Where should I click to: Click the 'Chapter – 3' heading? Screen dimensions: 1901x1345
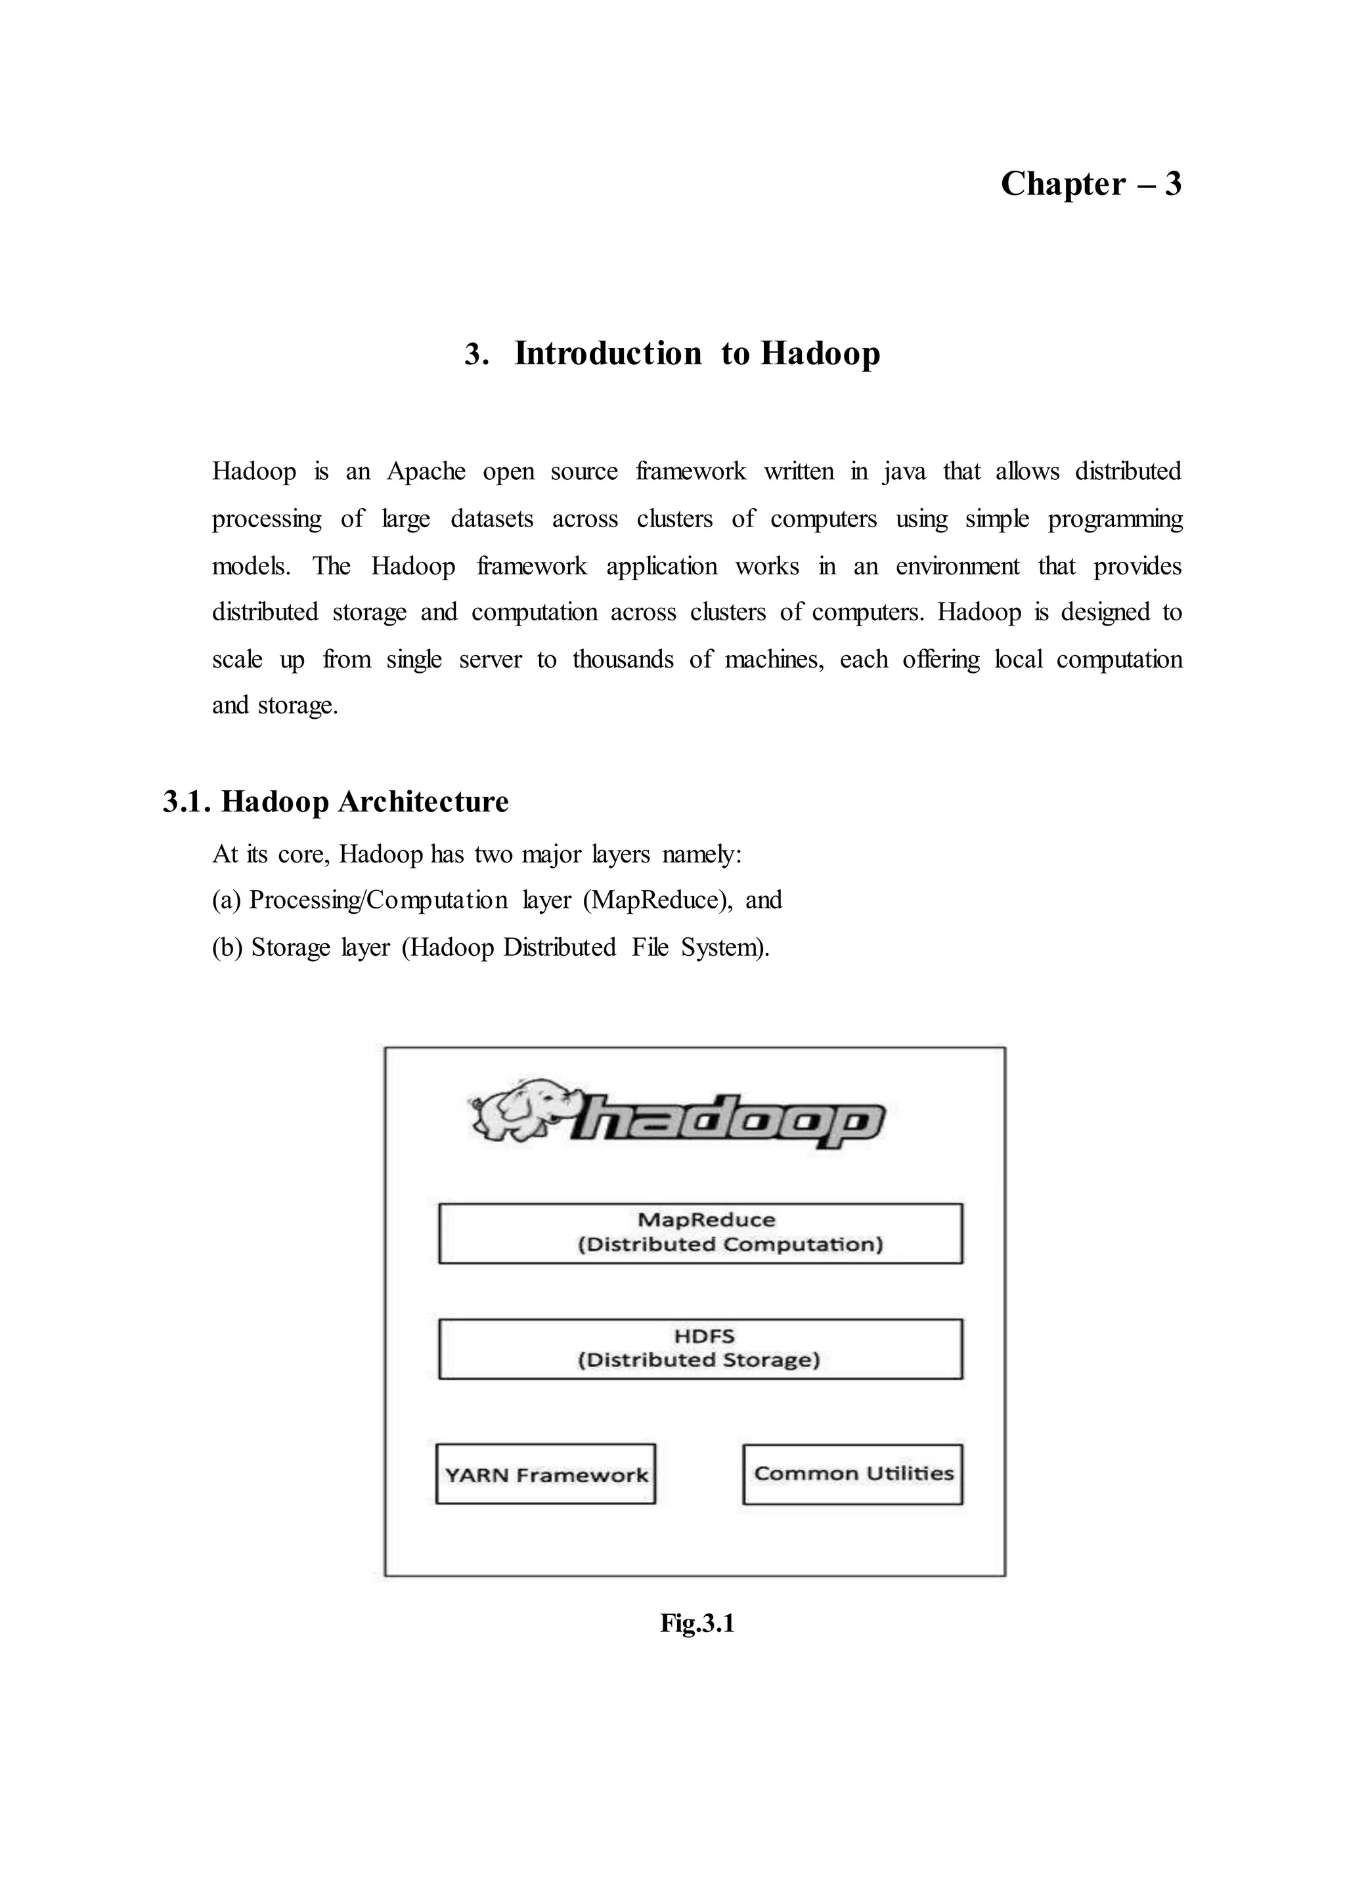coord(1090,184)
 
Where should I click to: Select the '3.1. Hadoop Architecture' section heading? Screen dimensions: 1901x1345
coord(336,801)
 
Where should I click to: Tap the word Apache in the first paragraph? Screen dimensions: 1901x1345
coord(426,471)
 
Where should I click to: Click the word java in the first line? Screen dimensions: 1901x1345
coord(904,471)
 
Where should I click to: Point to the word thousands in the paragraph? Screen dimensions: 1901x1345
coord(623,659)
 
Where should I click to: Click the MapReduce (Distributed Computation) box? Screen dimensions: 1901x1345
coord(700,1233)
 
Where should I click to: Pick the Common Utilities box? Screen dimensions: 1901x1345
coord(852,1474)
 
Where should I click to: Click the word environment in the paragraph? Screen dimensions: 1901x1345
coord(957,566)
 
